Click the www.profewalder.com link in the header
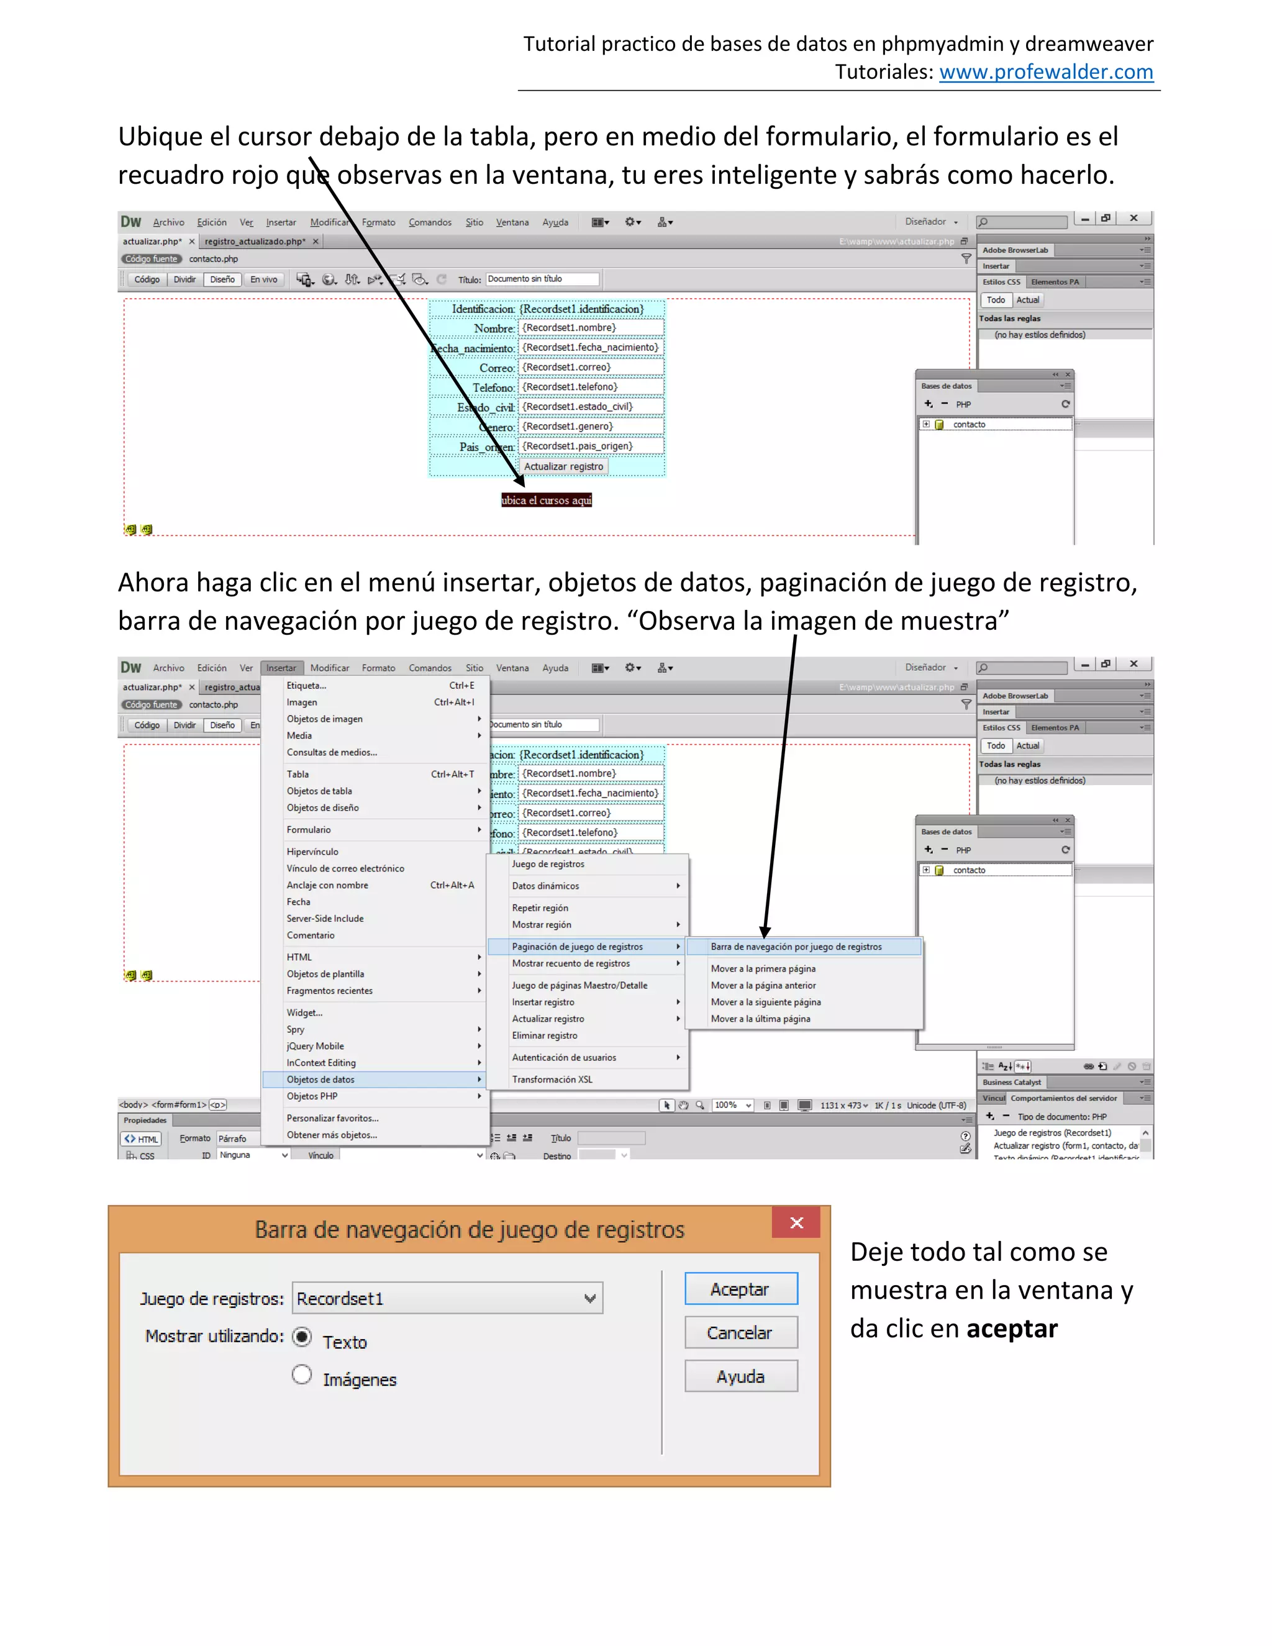click(x=1046, y=72)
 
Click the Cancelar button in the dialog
click(x=740, y=1332)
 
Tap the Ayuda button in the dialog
click(x=740, y=1376)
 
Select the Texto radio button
click(x=302, y=1337)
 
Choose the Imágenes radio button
click(x=302, y=1375)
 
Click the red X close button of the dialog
click(x=796, y=1222)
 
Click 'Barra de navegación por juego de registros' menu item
click(x=796, y=947)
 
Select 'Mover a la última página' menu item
click(x=760, y=1019)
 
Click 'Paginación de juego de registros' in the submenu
click(x=577, y=947)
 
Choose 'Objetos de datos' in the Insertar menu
click(x=320, y=1080)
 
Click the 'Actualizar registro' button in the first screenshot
click(x=564, y=466)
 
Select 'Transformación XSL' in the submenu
click(x=552, y=1080)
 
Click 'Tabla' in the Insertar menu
click(x=298, y=774)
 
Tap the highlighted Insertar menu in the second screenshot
click(x=281, y=668)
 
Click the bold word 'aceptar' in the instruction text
click(x=1011, y=1328)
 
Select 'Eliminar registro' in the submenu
click(x=544, y=1035)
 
